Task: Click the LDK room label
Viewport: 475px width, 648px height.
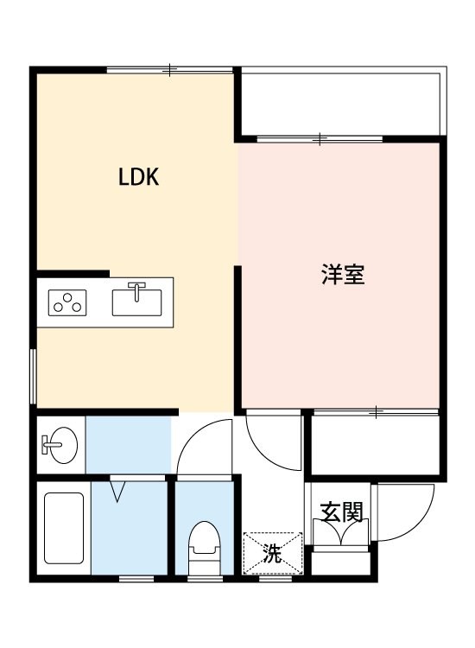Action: click(x=139, y=178)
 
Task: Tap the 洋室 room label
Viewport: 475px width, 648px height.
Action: click(x=342, y=275)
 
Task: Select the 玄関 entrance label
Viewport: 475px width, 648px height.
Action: click(x=340, y=512)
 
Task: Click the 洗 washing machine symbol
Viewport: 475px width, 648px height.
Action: click(x=273, y=553)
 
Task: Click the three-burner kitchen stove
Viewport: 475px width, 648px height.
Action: click(x=68, y=303)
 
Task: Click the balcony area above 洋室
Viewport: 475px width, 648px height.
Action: click(x=341, y=102)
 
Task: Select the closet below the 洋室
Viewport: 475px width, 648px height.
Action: click(x=375, y=444)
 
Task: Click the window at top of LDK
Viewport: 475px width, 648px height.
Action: click(x=170, y=69)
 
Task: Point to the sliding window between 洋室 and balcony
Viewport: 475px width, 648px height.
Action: click(x=320, y=138)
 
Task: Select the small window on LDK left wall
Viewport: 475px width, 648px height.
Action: click(x=33, y=376)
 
